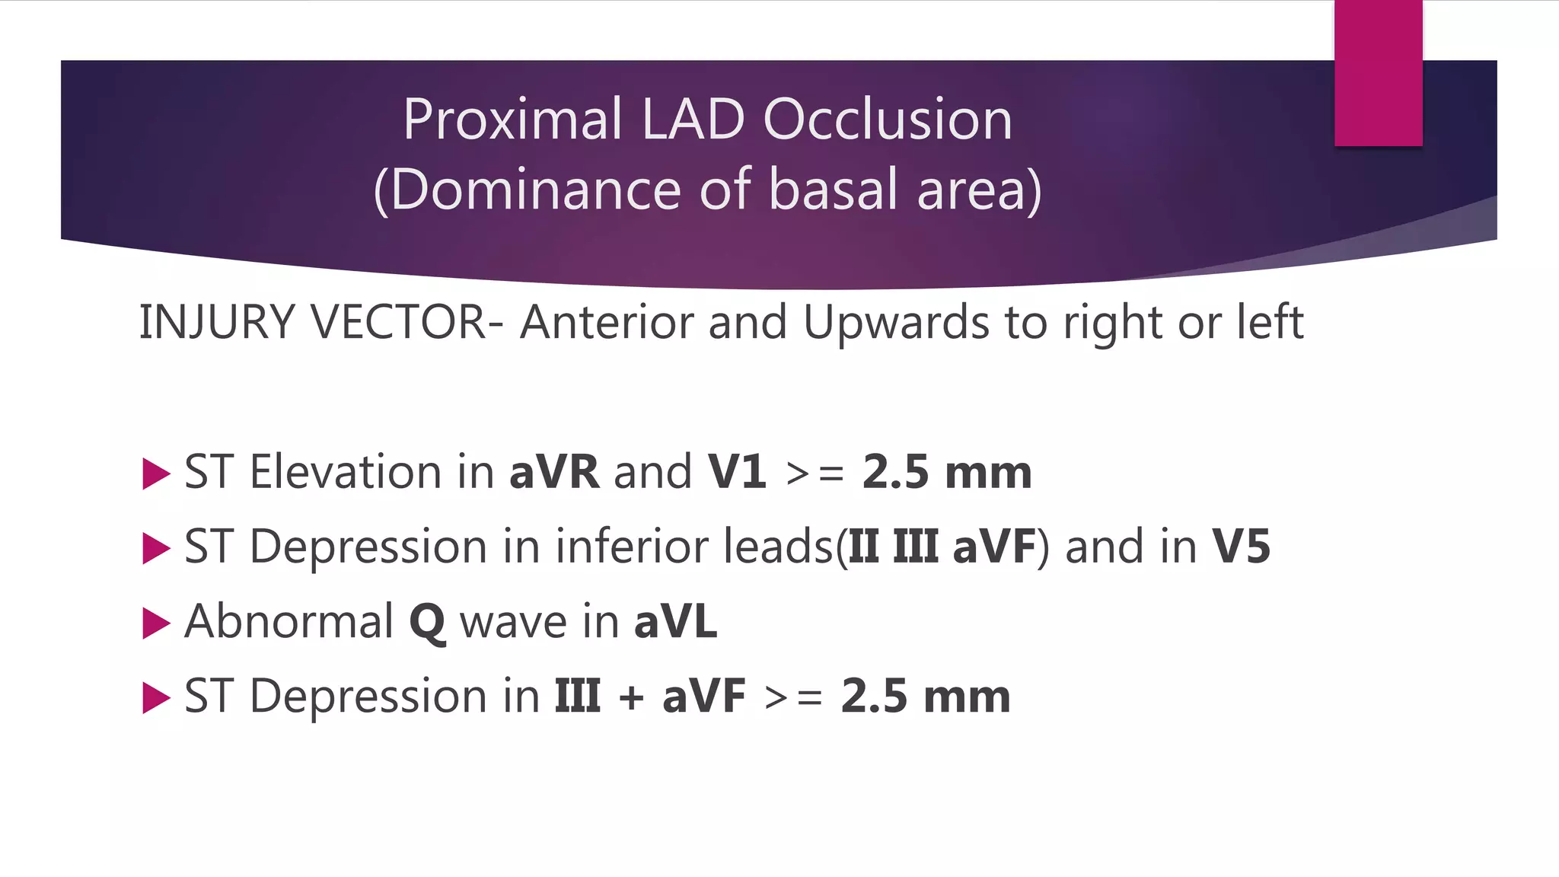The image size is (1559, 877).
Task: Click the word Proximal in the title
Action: [512, 120]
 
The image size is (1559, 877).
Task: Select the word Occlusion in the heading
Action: [888, 120]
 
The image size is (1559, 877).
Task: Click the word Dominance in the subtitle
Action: [532, 190]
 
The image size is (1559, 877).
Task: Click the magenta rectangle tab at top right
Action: [1378, 72]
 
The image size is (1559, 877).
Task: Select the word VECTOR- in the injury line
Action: [406, 322]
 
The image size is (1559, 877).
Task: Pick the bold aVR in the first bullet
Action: [554, 472]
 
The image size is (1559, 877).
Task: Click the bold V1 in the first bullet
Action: [737, 472]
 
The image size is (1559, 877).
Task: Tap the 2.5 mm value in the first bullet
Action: [947, 472]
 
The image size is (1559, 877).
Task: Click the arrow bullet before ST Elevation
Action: [156, 474]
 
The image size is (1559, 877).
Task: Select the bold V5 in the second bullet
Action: [1241, 547]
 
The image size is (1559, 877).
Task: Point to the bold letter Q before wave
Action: [427, 623]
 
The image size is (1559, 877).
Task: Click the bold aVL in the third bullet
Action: [675, 621]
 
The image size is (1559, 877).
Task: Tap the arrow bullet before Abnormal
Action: [156, 623]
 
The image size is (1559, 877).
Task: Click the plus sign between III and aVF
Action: [631, 697]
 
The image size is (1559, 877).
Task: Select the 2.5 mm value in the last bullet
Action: [926, 696]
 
